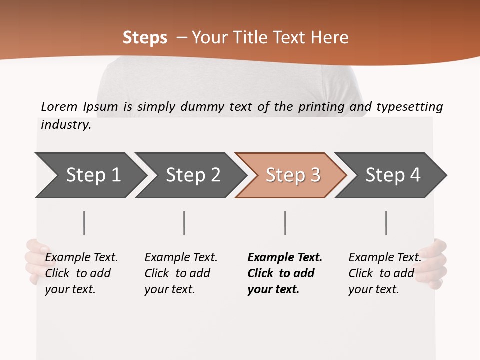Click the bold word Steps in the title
pos(145,38)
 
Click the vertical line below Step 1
pos(84,223)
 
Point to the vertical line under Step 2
pos(184,223)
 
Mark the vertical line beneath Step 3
pos(285,223)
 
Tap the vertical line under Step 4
pos(386,223)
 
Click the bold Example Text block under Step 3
pos(284,273)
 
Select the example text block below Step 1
pos(81,273)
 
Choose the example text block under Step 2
pos(181,273)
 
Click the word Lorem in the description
pos(59,106)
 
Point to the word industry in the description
pos(65,124)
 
